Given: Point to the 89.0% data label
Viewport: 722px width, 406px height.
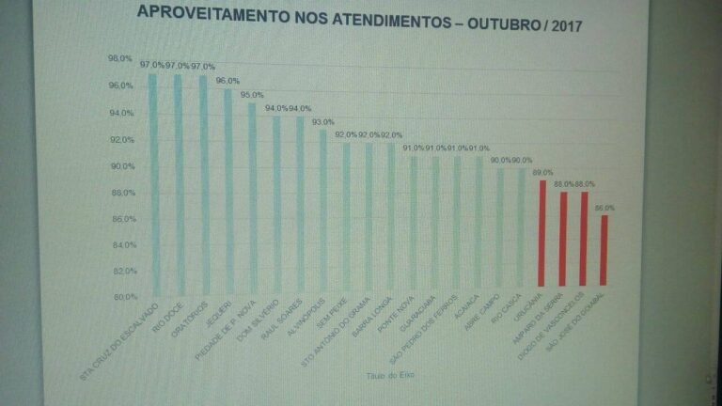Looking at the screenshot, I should (x=542, y=173).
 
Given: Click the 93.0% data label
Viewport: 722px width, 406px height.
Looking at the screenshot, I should (x=322, y=122).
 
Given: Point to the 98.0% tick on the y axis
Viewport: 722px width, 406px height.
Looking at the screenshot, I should (x=120, y=58).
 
